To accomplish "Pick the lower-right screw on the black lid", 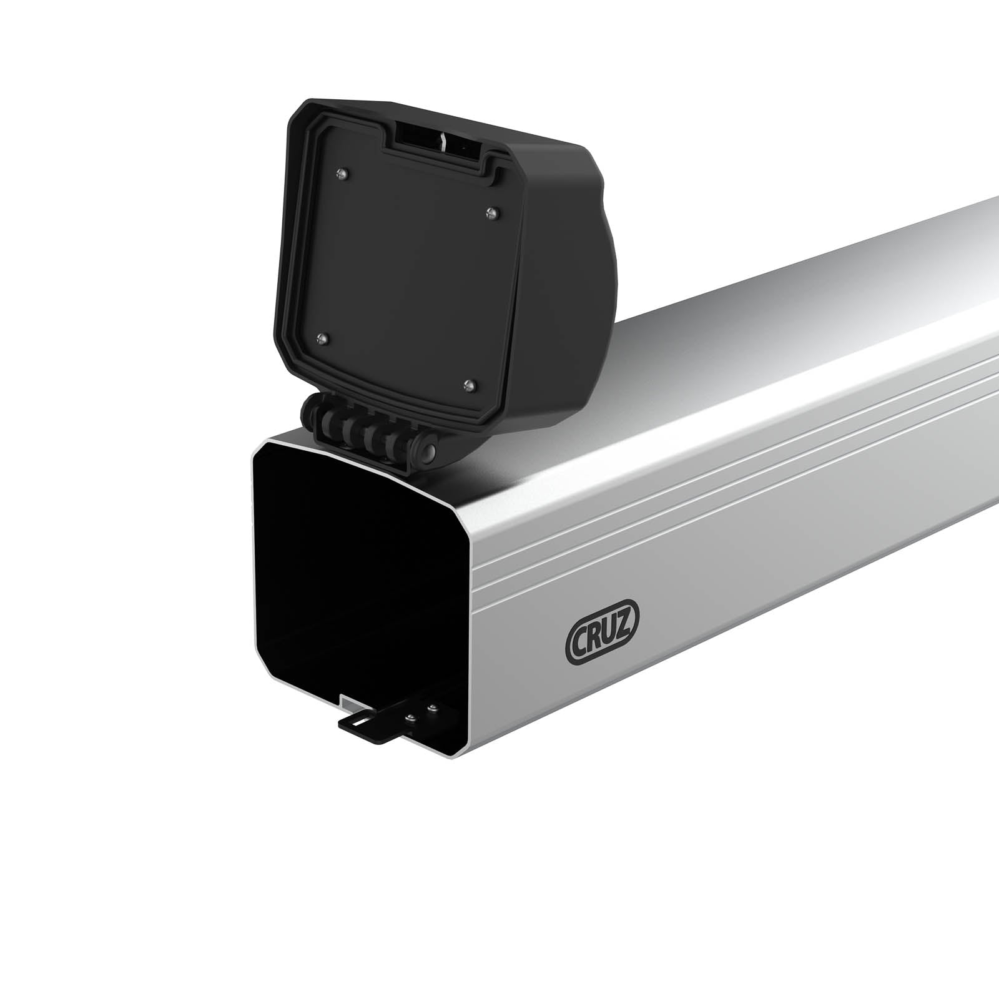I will (x=470, y=384).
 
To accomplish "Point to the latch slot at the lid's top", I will (x=437, y=140).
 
